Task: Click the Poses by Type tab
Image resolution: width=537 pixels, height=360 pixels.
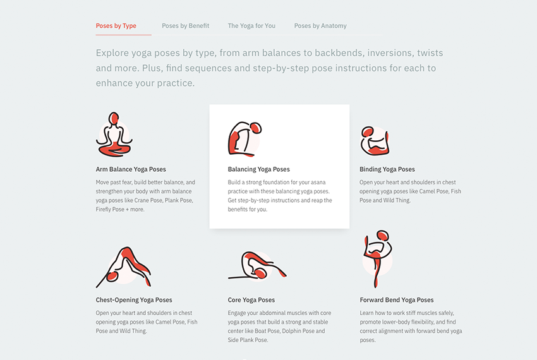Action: pyautogui.click(x=116, y=26)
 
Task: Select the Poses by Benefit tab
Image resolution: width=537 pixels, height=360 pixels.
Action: pyautogui.click(x=185, y=26)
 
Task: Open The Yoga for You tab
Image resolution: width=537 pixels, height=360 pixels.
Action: pyautogui.click(x=251, y=26)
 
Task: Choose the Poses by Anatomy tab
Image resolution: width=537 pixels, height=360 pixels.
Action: pyautogui.click(x=320, y=26)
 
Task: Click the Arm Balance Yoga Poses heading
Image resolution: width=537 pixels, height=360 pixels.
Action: pyautogui.click(x=131, y=169)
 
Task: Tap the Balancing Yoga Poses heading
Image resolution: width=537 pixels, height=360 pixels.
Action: pyautogui.click(x=258, y=169)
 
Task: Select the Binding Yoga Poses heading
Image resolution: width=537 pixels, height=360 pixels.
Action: pyautogui.click(x=387, y=169)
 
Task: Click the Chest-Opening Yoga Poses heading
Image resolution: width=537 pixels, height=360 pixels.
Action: pyautogui.click(x=134, y=300)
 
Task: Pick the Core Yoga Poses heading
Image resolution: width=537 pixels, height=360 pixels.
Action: pyautogui.click(x=251, y=300)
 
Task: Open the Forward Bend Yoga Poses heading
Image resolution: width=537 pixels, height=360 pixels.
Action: pyautogui.click(x=397, y=300)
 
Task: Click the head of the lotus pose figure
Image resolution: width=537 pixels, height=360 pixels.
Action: pyautogui.click(x=114, y=118)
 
